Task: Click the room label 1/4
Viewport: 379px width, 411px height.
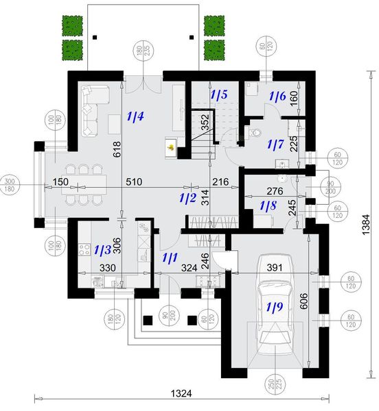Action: tap(135, 117)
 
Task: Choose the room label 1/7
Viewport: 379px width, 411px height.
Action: tap(275, 145)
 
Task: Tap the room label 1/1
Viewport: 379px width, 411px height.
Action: tap(170, 258)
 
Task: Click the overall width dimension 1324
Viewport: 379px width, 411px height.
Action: tap(181, 393)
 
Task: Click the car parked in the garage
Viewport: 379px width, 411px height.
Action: tap(275, 316)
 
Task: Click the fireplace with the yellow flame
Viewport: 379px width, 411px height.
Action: tap(169, 145)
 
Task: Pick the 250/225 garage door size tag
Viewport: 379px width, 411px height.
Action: tap(275, 390)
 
